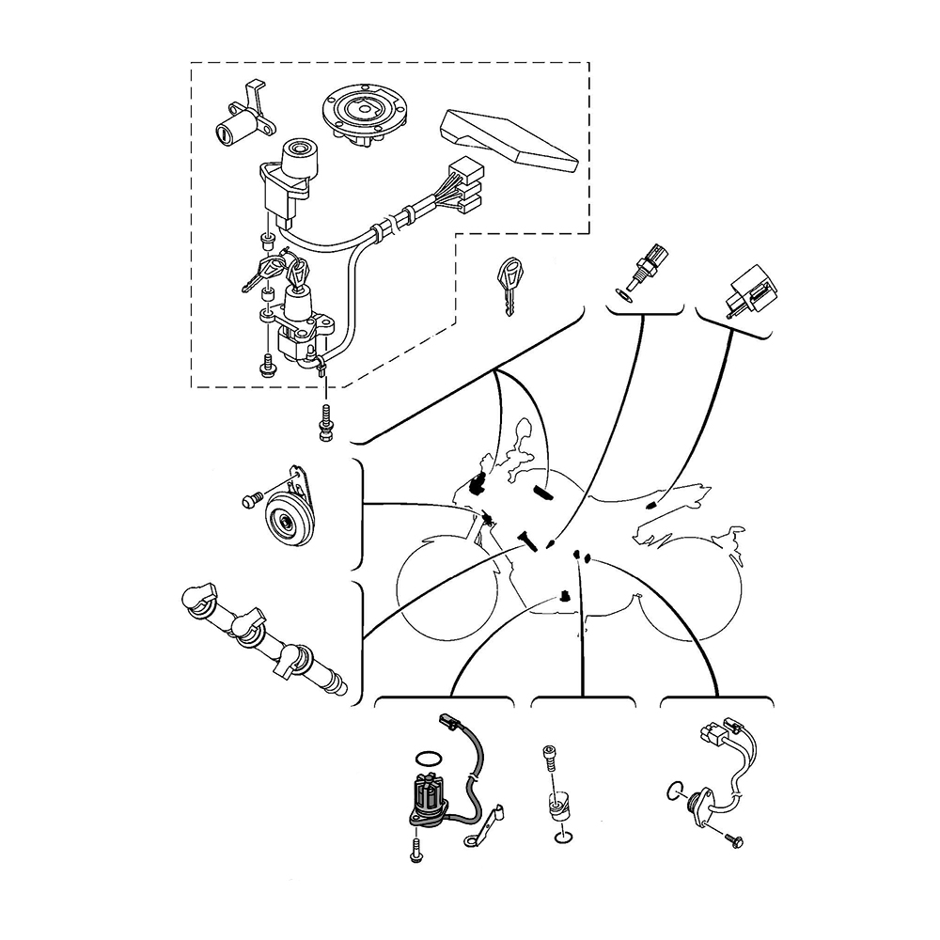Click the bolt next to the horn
(x=252, y=501)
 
